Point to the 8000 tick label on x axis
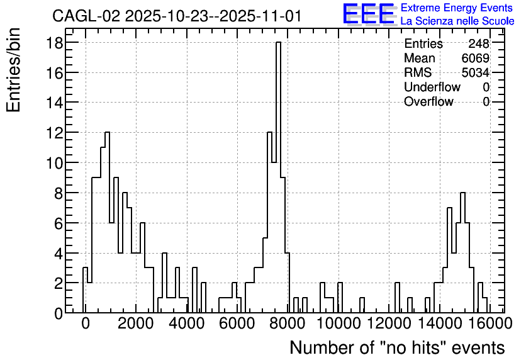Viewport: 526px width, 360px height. point(288,324)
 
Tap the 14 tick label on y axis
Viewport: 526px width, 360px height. point(54,103)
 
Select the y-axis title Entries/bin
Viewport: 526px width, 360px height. point(14,70)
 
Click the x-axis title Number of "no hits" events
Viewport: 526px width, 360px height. point(397,347)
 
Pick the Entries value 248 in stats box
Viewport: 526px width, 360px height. point(479,43)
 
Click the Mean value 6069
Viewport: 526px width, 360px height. point(475,58)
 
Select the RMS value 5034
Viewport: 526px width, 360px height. point(475,72)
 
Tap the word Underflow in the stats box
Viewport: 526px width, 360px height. point(432,87)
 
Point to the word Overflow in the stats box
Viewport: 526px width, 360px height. point(428,101)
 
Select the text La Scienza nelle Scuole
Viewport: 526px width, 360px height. point(457,21)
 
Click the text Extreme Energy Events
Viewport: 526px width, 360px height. point(457,8)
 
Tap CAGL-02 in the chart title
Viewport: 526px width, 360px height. point(86,16)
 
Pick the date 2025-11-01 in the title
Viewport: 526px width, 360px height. point(260,16)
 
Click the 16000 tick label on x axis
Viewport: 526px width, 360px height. point(490,324)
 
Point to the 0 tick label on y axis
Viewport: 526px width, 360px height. point(59,314)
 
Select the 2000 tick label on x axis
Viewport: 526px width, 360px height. point(136,324)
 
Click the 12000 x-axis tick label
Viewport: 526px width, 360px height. point(389,324)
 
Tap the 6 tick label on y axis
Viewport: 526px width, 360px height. point(59,223)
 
